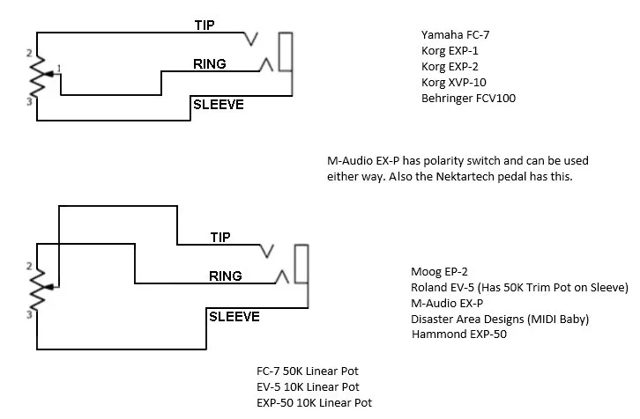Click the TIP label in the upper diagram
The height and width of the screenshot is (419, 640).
click(205, 25)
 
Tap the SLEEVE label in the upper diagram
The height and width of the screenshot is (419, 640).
click(218, 106)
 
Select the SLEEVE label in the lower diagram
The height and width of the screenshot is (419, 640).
click(234, 316)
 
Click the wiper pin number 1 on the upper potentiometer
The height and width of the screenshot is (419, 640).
click(58, 68)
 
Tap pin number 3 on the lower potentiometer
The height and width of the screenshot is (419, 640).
click(29, 314)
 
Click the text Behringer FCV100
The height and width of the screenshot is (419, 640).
click(468, 98)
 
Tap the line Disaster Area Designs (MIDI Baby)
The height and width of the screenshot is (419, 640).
click(500, 319)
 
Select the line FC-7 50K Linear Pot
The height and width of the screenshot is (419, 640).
click(309, 371)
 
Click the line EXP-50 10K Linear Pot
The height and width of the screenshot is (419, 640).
click(314, 402)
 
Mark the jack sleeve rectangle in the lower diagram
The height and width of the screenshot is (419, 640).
click(301, 264)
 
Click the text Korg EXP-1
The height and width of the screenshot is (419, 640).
click(450, 50)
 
